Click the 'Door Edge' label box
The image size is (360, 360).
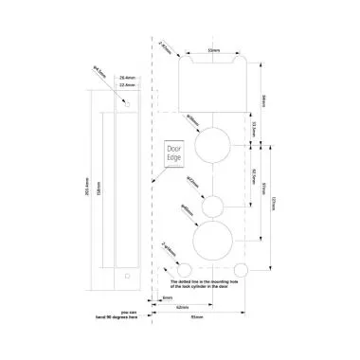(x=172, y=153)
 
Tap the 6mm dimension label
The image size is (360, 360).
(x=168, y=299)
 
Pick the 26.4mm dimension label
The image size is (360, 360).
(x=128, y=76)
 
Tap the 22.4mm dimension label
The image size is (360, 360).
(x=128, y=83)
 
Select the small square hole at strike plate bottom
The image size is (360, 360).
(x=126, y=276)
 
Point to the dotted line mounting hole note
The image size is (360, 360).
(x=207, y=284)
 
